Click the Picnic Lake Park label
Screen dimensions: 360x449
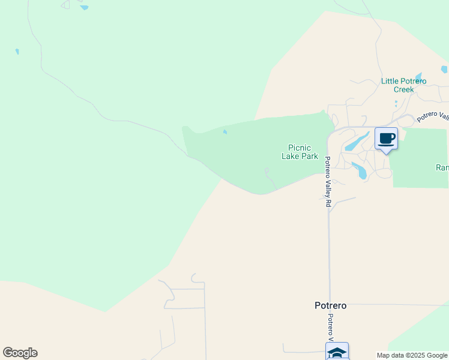tap(300, 152)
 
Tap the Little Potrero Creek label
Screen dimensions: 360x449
tap(403, 85)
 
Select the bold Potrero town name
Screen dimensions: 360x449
tap(330, 305)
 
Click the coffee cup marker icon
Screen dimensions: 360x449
tap(386, 139)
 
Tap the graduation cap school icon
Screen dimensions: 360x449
tap(337, 352)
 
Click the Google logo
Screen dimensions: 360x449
tap(20, 353)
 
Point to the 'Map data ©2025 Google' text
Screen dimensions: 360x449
tap(412, 355)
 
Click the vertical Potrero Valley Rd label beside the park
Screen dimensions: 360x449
tap(328, 182)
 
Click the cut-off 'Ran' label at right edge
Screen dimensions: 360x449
tap(442, 168)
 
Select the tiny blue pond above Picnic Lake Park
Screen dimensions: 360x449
tap(225, 133)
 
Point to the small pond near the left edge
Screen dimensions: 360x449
tap(17, 52)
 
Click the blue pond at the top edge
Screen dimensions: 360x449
tap(84, 8)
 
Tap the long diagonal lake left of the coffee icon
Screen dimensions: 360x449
tap(356, 142)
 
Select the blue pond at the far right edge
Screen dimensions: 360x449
tap(444, 70)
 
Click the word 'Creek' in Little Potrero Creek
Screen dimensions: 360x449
tap(403, 89)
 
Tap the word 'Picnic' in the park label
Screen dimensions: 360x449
tap(300, 148)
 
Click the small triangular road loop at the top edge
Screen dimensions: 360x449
tap(65, 4)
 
